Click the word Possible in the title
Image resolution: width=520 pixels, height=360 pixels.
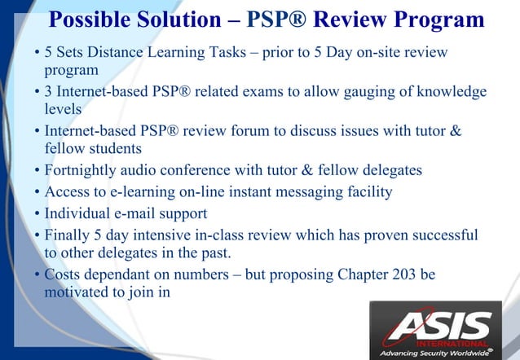[x=86, y=20]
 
